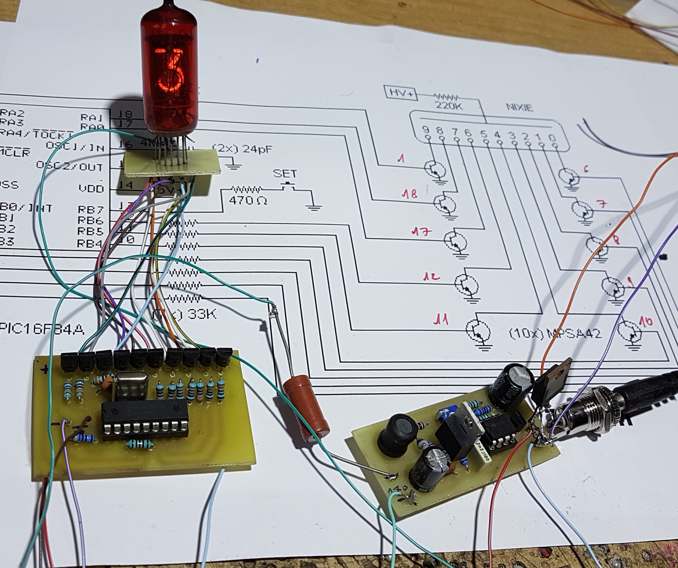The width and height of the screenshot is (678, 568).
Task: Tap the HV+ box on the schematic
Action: [x=400, y=93]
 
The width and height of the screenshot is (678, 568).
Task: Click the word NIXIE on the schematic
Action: [x=519, y=107]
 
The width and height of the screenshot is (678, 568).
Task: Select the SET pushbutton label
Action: [x=285, y=174]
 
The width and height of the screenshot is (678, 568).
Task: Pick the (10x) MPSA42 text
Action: [x=554, y=333]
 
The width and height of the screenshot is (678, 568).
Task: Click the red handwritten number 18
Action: [x=409, y=194]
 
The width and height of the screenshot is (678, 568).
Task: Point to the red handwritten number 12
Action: [x=432, y=277]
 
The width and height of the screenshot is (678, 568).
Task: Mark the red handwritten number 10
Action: [x=646, y=322]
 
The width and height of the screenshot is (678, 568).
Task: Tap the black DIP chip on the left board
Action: [x=145, y=420]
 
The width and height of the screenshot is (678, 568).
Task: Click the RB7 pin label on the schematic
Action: [x=90, y=210]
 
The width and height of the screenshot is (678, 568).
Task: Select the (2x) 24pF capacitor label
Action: [x=243, y=149]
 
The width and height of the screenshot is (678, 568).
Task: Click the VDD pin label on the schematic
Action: [x=91, y=189]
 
